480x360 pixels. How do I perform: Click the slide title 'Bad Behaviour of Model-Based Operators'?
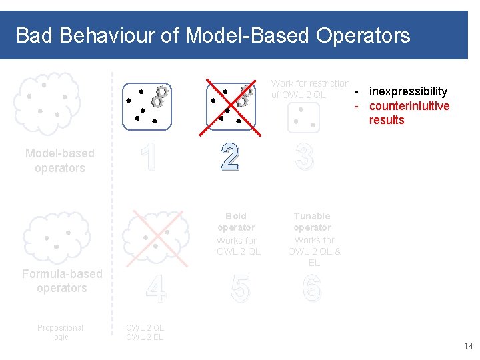[213, 35]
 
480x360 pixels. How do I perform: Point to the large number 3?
[303, 157]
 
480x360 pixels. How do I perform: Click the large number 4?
[155, 289]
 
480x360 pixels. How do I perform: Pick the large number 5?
[240, 289]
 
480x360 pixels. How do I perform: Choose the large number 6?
[311, 289]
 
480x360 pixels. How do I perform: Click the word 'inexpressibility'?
[408, 91]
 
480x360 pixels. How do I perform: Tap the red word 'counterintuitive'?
[409, 106]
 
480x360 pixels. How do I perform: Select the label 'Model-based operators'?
[60, 161]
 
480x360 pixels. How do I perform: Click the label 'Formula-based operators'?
[62, 281]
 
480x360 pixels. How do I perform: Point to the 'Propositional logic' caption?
[60, 332]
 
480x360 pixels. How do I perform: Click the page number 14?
[467, 346]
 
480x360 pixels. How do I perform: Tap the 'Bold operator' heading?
[236, 221]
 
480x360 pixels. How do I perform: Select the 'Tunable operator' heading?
[312, 221]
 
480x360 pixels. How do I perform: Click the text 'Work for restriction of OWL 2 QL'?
[310, 89]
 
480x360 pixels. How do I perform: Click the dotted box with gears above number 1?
[147, 105]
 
